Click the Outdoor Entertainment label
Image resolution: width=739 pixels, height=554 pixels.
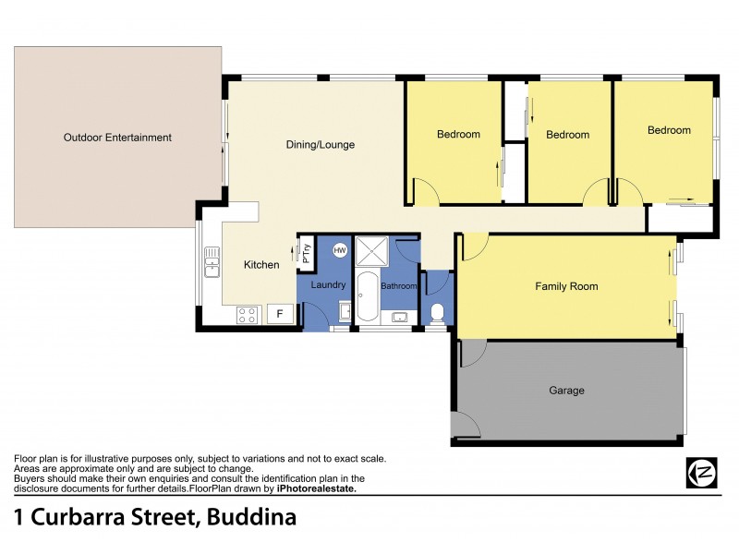(x=117, y=138)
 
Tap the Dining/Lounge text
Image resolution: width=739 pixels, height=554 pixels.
(x=321, y=145)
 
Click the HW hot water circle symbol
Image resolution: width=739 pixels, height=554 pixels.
(x=339, y=249)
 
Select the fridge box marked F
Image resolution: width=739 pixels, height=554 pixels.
(x=279, y=314)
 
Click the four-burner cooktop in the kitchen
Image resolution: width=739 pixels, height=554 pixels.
(x=247, y=314)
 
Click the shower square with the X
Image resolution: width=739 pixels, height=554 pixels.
(x=374, y=249)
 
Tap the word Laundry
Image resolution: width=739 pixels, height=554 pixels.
(x=328, y=286)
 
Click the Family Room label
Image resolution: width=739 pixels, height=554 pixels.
(x=566, y=286)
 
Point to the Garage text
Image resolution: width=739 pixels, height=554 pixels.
(x=566, y=391)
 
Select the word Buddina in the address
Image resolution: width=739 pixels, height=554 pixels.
(x=249, y=517)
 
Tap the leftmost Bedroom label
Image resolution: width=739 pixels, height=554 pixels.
(x=458, y=135)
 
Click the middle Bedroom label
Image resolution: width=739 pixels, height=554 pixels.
(x=567, y=135)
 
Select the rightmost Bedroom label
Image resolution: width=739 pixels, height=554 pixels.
(x=669, y=130)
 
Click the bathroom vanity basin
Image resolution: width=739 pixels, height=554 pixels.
(x=400, y=318)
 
